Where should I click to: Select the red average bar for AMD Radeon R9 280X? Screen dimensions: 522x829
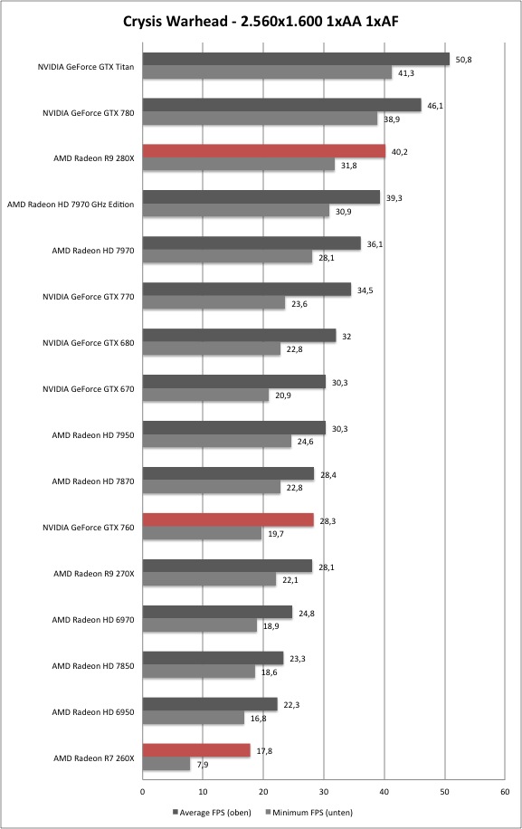pyautogui.click(x=264, y=151)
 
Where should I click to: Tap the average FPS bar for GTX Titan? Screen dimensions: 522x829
pyautogui.click(x=296, y=59)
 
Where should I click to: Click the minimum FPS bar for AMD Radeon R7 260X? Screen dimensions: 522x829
pyautogui.click(x=166, y=764)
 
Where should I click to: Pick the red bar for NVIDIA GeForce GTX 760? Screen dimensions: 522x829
pyautogui.click(x=228, y=520)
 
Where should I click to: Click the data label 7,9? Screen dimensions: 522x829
pyautogui.click(x=203, y=764)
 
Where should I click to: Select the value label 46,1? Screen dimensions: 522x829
pyautogui.click(x=435, y=106)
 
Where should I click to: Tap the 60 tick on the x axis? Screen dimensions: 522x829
pyautogui.click(x=505, y=792)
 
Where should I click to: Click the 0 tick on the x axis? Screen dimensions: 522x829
pyautogui.click(x=143, y=792)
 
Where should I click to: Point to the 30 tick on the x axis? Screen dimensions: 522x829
pyautogui.click(x=324, y=792)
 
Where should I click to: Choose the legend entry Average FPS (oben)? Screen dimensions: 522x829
pyautogui.click(x=212, y=812)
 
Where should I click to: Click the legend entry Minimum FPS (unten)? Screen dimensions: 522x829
pyautogui.click(x=309, y=812)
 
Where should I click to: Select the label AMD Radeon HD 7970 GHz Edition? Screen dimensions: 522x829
pyautogui.click(x=71, y=205)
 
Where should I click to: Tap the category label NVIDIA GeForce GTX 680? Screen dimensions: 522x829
pyautogui.click(x=89, y=343)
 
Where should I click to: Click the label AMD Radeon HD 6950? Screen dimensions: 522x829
pyautogui.click(x=93, y=712)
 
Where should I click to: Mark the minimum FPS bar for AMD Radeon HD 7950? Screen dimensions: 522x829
pyautogui.click(x=216, y=441)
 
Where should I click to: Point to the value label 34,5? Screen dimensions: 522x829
pyautogui.click(x=365, y=291)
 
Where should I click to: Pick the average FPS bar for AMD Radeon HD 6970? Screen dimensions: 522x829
pyautogui.click(x=217, y=612)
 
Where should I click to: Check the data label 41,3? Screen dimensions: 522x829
pyautogui.click(x=406, y=73)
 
